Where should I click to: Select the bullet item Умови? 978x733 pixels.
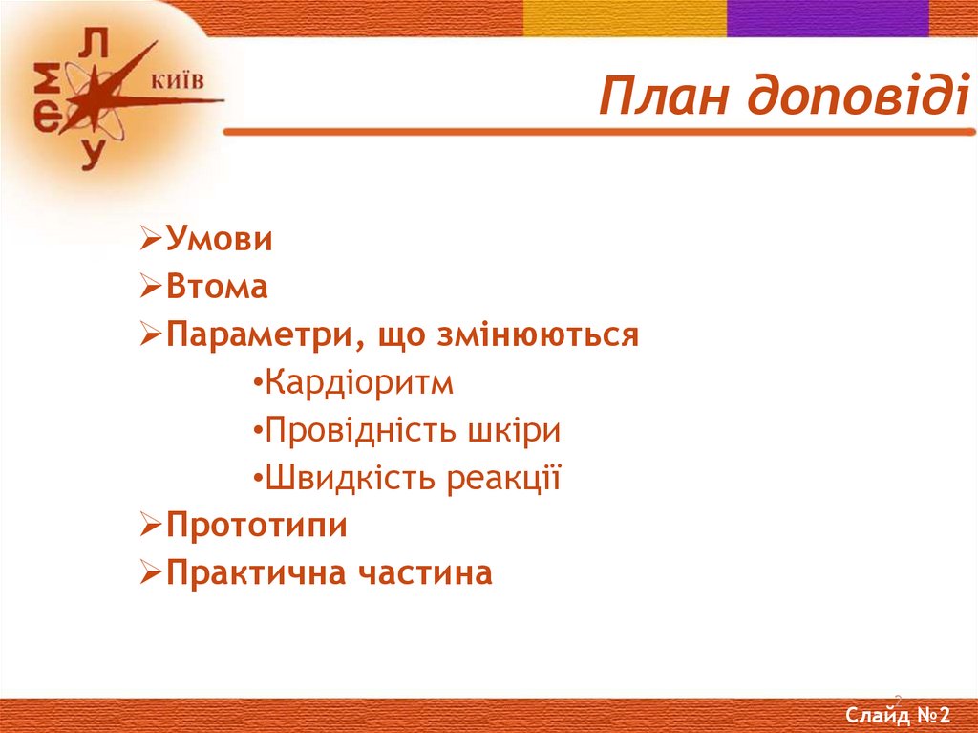[219, 240]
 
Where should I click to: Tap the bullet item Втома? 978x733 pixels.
[217, 288]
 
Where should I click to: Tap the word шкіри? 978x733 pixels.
[514, 431]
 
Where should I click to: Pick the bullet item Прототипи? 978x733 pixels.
[256, 527]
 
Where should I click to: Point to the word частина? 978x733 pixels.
[425, 574]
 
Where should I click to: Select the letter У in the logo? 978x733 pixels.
[91, 153]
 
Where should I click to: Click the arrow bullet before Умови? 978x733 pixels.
[151, 240]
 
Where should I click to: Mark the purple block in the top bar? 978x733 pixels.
[827, 18]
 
